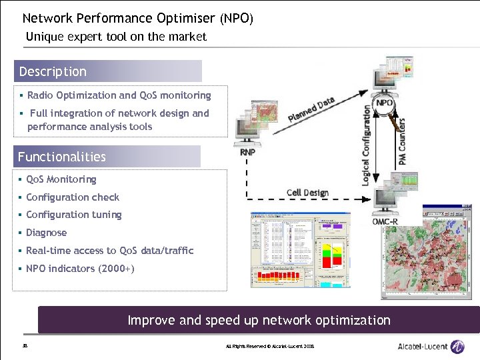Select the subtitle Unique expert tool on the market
pos(116,37)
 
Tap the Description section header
pos(53,71)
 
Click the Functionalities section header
pos(62,157)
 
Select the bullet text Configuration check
pos(73,197)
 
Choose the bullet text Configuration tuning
pos(74,215)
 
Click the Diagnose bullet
pos(47,233)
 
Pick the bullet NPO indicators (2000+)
pos(80,269)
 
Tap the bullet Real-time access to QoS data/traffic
pos(110,251)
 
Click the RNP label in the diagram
pos(247,152)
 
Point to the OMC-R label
pos(386,221)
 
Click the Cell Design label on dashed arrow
pos(307,193)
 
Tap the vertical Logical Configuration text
pos(366,145)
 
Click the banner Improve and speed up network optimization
pos(259,320)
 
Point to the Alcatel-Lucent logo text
pos(423,346)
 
